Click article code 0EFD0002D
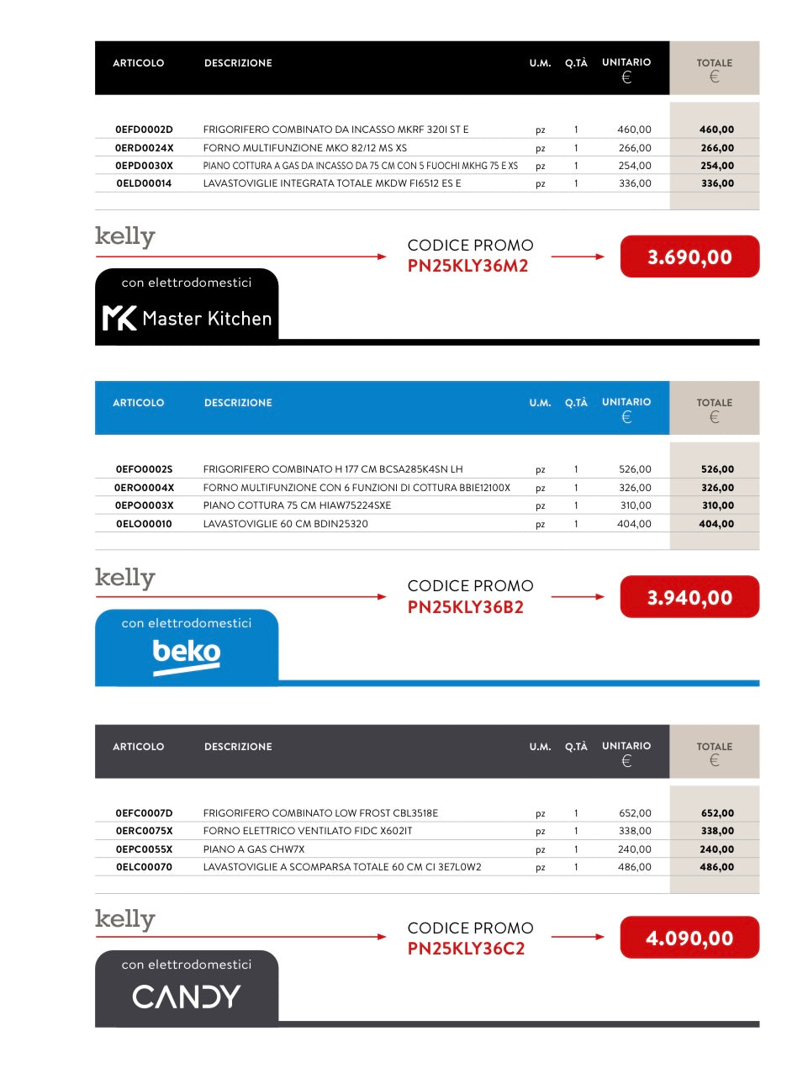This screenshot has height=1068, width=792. point(144,130)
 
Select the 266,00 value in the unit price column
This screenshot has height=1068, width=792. point(634,148)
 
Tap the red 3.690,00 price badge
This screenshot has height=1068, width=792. point(689,256)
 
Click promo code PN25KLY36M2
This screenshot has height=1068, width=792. point(467,267)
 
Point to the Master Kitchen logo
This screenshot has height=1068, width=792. point(187,318)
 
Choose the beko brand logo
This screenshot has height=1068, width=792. point(187,654)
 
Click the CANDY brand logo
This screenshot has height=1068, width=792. point(187,997)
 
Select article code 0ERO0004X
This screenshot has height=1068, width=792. point(144,488)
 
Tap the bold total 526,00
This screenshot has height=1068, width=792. point(717,469)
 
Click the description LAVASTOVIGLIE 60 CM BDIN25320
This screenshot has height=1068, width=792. point(286,524)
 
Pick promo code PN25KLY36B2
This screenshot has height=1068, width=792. point(466,607)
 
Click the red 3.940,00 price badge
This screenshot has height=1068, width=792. point(689,597)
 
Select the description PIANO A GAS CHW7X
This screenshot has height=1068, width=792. point(254,849)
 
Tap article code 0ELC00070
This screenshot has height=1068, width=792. point(144,867)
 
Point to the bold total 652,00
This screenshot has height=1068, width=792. point(717,813)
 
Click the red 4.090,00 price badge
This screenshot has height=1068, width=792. point(689,938)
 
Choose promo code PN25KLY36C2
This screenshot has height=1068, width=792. point(466,949)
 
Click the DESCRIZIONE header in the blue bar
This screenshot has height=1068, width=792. point(238,403)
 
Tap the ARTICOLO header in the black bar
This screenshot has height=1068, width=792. point(139,63)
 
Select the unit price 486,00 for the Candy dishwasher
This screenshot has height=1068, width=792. point(634,867)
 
